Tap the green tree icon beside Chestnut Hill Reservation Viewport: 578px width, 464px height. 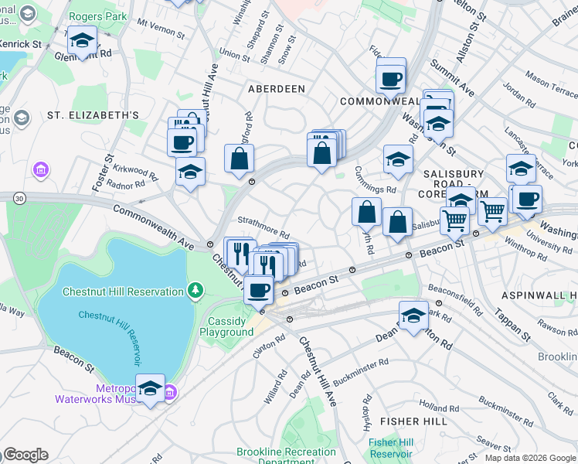(196, 291)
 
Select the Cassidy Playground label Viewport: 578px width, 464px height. (227, 326)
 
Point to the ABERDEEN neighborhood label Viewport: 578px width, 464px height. (276, 89)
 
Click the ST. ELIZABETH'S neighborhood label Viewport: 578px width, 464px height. (93, 115)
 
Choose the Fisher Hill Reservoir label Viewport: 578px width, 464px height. (391, 447)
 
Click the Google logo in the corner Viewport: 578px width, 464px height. (25, 455)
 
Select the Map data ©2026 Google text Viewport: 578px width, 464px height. (530, 458)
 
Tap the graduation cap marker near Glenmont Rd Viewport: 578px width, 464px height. (81, 40)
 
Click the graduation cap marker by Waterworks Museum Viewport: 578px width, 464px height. (150, 390)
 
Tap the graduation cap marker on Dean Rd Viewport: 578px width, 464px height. (413, 317)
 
